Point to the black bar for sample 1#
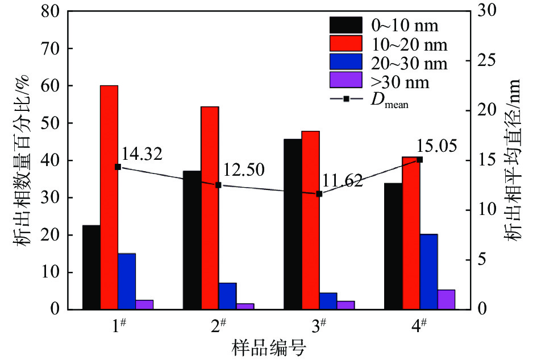[91, 267]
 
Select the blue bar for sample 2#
[227, 296]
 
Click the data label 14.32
[141, 154]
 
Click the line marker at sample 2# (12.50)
[218, 185]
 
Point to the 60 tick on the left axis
[51, 86]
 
